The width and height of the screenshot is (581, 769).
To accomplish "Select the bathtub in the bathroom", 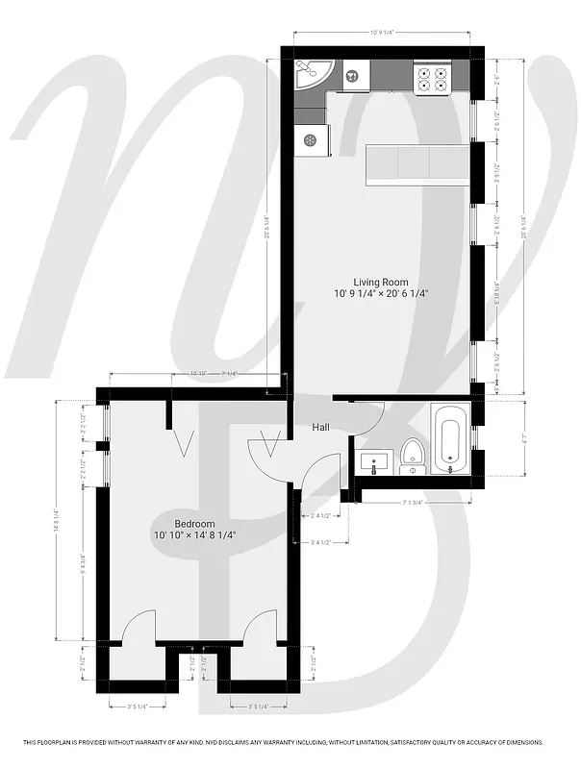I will click(450, 439).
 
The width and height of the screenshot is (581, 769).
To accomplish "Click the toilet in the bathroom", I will click(413, 456).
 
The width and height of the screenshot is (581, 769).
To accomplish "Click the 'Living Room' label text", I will click(381, 282).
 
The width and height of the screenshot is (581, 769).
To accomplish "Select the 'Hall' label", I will click(322, 428).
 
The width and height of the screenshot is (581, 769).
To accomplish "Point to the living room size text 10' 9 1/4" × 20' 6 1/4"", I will click(381, 294).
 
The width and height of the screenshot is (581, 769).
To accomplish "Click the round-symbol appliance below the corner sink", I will click(311, 140).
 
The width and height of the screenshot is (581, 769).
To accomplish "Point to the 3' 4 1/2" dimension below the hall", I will click(323, 543).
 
